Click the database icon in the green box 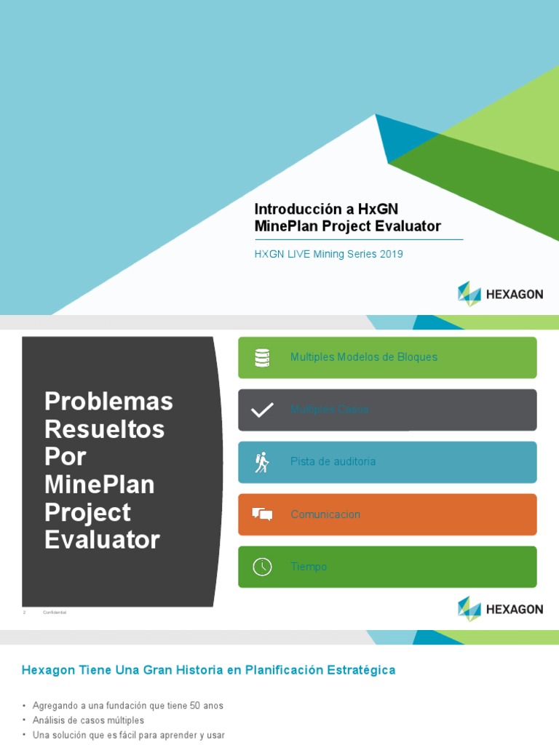click(x=262, y=357)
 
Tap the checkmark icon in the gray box click(x=262, y=410)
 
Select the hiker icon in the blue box click(x=262, y=462)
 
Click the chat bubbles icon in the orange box click(x=262, y=514)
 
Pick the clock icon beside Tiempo click(x=262, y=567)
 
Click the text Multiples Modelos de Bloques click(x=363, y=357)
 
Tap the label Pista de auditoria click(x=333, y=462)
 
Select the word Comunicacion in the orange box click(x=325, y=514)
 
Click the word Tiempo click(x=309, y=567)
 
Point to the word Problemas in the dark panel click(x=108, y=401)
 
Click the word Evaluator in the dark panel click(x=102, y=540)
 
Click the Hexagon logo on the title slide click(x=500, y=294)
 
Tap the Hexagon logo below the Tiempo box click(x=500, y=609)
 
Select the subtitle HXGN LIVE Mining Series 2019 click(x=328, y=255)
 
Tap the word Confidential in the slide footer click(x=55, y=613)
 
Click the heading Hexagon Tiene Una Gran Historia click(x=208, y=670)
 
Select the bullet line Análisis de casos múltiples click(x=88, y=720)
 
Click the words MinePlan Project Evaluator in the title click(x=348, y=226)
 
